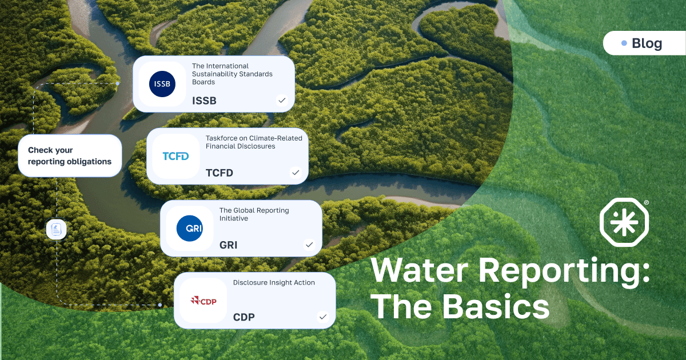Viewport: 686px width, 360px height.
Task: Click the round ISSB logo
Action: [162, 84]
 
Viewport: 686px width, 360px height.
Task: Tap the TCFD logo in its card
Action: [176, 156]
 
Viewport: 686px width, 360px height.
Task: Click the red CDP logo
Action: [204, 301]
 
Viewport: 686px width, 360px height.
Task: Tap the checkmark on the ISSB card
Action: [281, 101]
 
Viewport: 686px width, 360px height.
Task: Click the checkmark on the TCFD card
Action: [295, 172]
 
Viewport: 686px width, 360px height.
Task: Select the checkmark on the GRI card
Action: [309, 245]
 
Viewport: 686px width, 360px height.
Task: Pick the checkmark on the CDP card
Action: [322, 317]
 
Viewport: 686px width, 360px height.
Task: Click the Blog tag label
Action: [647, 43]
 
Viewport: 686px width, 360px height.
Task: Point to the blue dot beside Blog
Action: [624, 43]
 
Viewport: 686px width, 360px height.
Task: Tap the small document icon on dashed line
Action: [56, 230]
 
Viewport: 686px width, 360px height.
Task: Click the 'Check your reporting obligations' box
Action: [70, 156]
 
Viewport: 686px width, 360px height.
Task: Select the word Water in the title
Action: [424, 271]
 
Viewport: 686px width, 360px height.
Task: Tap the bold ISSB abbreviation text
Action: [204, 101]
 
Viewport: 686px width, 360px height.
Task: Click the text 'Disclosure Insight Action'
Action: [274, 282]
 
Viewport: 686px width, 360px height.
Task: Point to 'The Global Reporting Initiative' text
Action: [254, 214]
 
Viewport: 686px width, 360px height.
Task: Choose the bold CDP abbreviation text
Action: [244, 317]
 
